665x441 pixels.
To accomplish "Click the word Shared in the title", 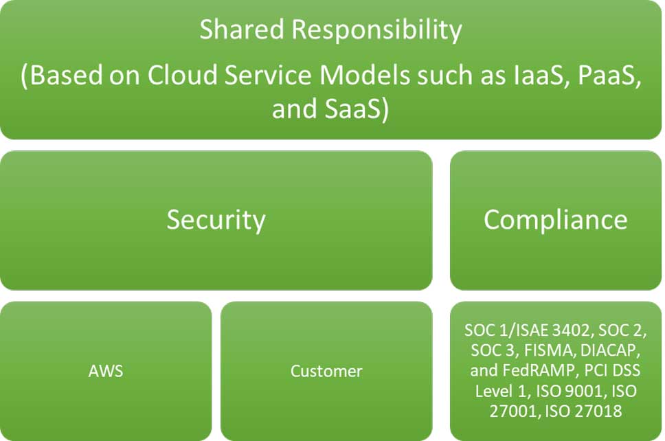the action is click(242, 30).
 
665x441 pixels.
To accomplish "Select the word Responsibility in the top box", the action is click(376, 30).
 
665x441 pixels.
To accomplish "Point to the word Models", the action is click(365, 75).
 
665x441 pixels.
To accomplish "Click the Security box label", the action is click(216, 220).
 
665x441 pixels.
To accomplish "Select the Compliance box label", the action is click(555, 220).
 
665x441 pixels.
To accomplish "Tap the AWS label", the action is click(106, 371).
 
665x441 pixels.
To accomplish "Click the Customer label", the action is click(326, 371).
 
